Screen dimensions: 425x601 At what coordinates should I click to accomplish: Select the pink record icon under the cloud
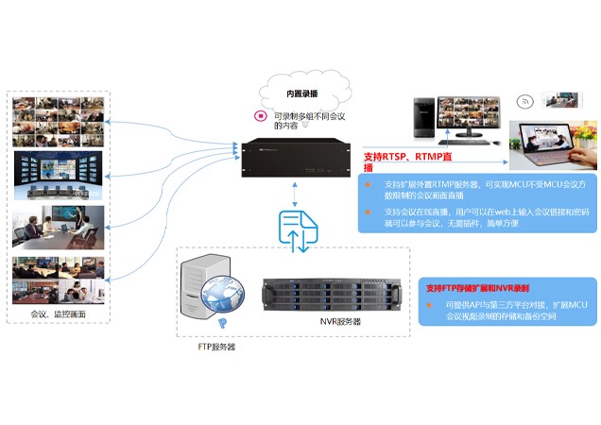[260, 116]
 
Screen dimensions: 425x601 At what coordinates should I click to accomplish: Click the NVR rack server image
[335, 287]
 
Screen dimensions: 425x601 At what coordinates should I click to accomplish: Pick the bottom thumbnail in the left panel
[58, 279]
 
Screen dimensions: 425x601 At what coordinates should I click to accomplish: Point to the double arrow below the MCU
[295, 193]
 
